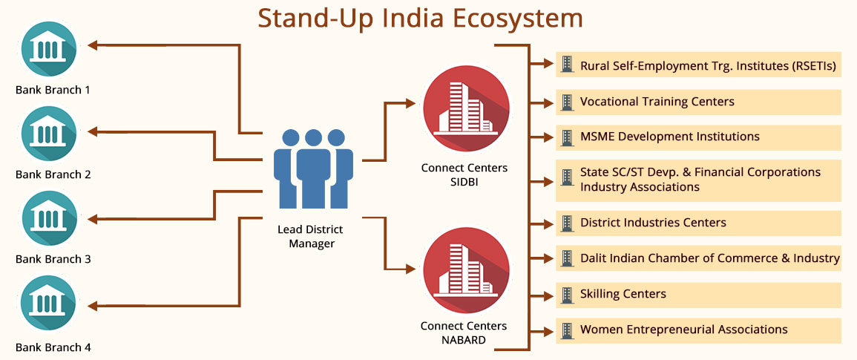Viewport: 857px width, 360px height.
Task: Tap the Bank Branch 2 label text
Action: pos(53,175)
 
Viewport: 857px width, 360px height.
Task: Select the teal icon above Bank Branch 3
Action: pos(49,218)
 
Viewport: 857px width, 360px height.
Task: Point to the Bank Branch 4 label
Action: pos(53,347)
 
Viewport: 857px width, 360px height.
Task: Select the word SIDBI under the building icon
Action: pos(464,181)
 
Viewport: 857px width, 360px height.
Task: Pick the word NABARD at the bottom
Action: pos(464,340)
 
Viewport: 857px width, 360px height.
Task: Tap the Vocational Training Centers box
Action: pos(698,102)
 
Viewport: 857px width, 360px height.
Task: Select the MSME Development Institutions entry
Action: pos(698,137)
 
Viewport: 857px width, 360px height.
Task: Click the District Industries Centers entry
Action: pos(698,223)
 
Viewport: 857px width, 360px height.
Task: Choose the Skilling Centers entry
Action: pos(698,294)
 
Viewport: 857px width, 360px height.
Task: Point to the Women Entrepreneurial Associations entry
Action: pos(698,329)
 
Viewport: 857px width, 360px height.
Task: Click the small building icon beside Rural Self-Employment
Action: pos(568,65)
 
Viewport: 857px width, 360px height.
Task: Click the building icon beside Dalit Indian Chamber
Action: pos(568,258)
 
